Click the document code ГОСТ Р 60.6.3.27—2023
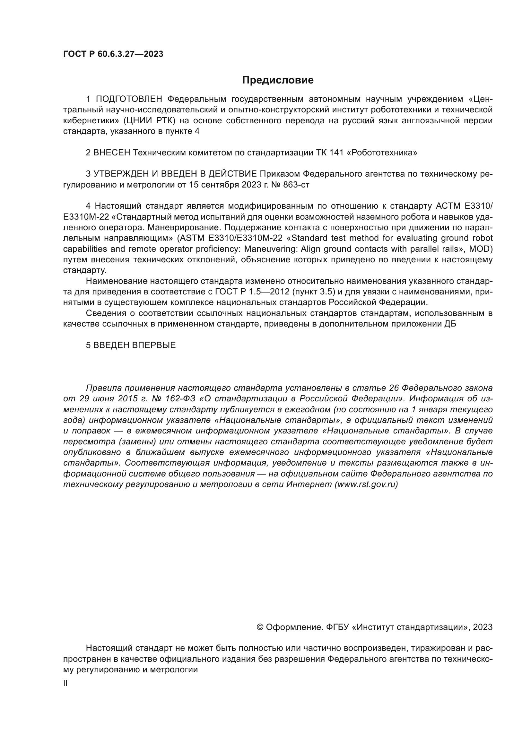point(113,54)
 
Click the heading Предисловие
point(278,80)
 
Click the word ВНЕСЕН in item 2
point(112,153)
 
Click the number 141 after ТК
point(336,153)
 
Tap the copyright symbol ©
point(260,627)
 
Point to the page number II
point(65,683)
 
